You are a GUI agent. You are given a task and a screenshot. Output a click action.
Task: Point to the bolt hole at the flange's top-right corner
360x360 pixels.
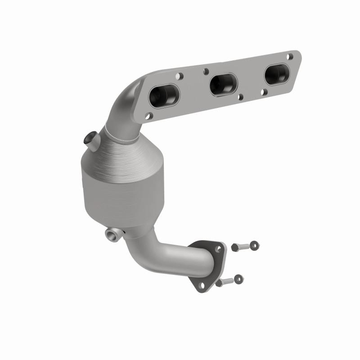click(290, 57)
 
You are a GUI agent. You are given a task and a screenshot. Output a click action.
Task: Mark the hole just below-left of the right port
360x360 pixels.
click(264, 91)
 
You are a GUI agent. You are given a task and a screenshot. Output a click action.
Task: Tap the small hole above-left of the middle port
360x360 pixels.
click(206, 71)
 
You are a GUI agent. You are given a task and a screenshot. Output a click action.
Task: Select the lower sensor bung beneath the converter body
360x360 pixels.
click(112, 234)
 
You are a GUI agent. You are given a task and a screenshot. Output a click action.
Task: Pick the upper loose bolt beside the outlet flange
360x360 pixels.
click(238, 247)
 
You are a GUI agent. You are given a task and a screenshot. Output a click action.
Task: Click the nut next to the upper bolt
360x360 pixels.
click(255, 245)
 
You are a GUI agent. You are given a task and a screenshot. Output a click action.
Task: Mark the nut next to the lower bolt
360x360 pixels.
click(239, 279)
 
